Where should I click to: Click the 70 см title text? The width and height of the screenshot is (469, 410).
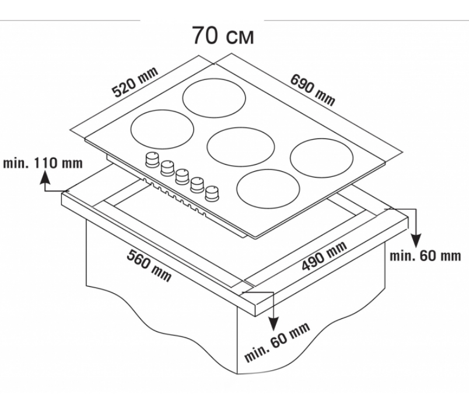[x=223, y=36]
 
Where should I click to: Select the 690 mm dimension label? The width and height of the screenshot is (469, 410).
[x=313, y=90]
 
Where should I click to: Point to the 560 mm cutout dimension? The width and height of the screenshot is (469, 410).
[x=149, y=265]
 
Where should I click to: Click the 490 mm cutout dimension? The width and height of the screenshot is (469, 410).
[x=324, y=255]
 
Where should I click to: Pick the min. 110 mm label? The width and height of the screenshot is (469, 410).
[x=43, y=164]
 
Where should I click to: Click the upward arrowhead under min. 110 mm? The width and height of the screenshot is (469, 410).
[x=45, y=177]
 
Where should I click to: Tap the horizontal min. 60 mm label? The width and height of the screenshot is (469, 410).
[x=425, y=256]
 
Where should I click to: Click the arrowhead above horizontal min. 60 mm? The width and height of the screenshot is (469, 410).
[x=416, y=241]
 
